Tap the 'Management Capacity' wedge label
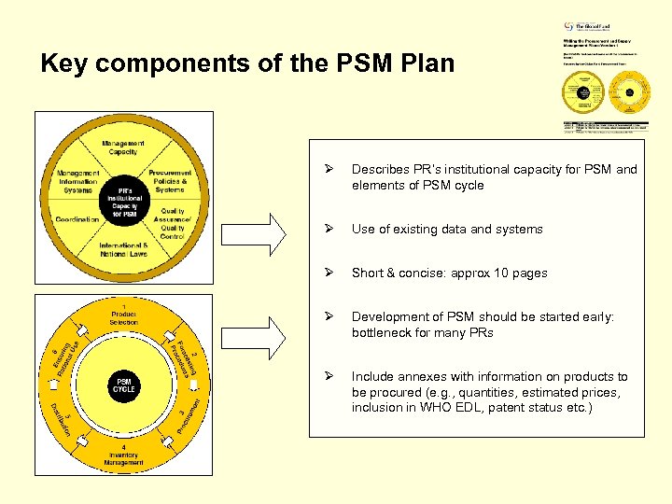pos(124,147)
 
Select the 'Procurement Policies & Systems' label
pos(170,181)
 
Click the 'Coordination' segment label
pos(77,219)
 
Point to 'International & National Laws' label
pos(124,250)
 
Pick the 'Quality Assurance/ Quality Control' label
pos(172,223)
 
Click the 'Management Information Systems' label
pos(79,181)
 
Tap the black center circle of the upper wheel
pos(124,199)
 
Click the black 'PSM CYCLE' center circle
pos(124,385)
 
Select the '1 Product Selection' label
pos(124,313)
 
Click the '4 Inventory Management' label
pos(124,455)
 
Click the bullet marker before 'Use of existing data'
pos(328,229)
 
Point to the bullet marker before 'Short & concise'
pos(328,273)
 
